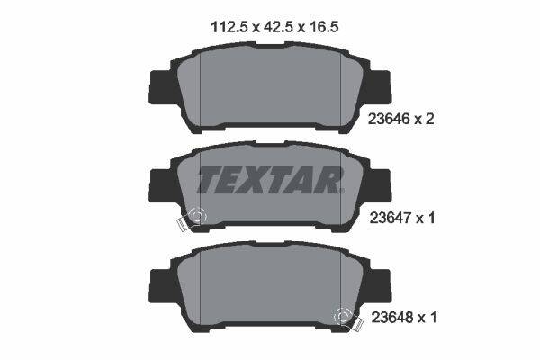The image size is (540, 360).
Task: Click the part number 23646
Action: (x=391, y=118)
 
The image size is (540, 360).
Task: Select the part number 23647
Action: (x=391, y=217)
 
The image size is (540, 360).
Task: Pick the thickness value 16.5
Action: (x=323, y=27)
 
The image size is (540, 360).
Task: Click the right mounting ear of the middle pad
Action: (x=382, y=186)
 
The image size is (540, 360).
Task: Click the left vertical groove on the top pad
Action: (x=200, y=85)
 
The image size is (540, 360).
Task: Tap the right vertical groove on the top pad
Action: (x=340, y=85)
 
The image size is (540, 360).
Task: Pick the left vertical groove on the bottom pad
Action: (x=200, y=286)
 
